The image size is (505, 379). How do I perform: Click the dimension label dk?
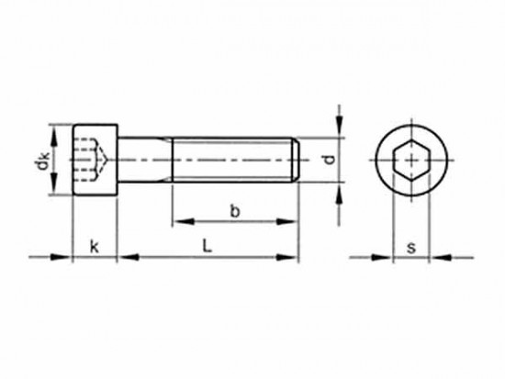tap(42, 161)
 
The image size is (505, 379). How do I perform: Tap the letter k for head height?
tap(94, 246)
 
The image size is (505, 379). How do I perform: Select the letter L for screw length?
tap(208, 246)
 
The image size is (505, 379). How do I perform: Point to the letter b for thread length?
tap(235, 211)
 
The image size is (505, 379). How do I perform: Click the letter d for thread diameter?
tap(329, 160)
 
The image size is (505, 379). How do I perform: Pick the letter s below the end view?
tap(411, 248)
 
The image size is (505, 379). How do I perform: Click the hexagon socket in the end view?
tap(411, 160)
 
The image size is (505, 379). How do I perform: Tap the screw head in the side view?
tap(95, 160)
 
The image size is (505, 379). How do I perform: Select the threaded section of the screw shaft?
tap(233, 160)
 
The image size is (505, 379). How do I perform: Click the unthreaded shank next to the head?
tap(145, 160)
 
